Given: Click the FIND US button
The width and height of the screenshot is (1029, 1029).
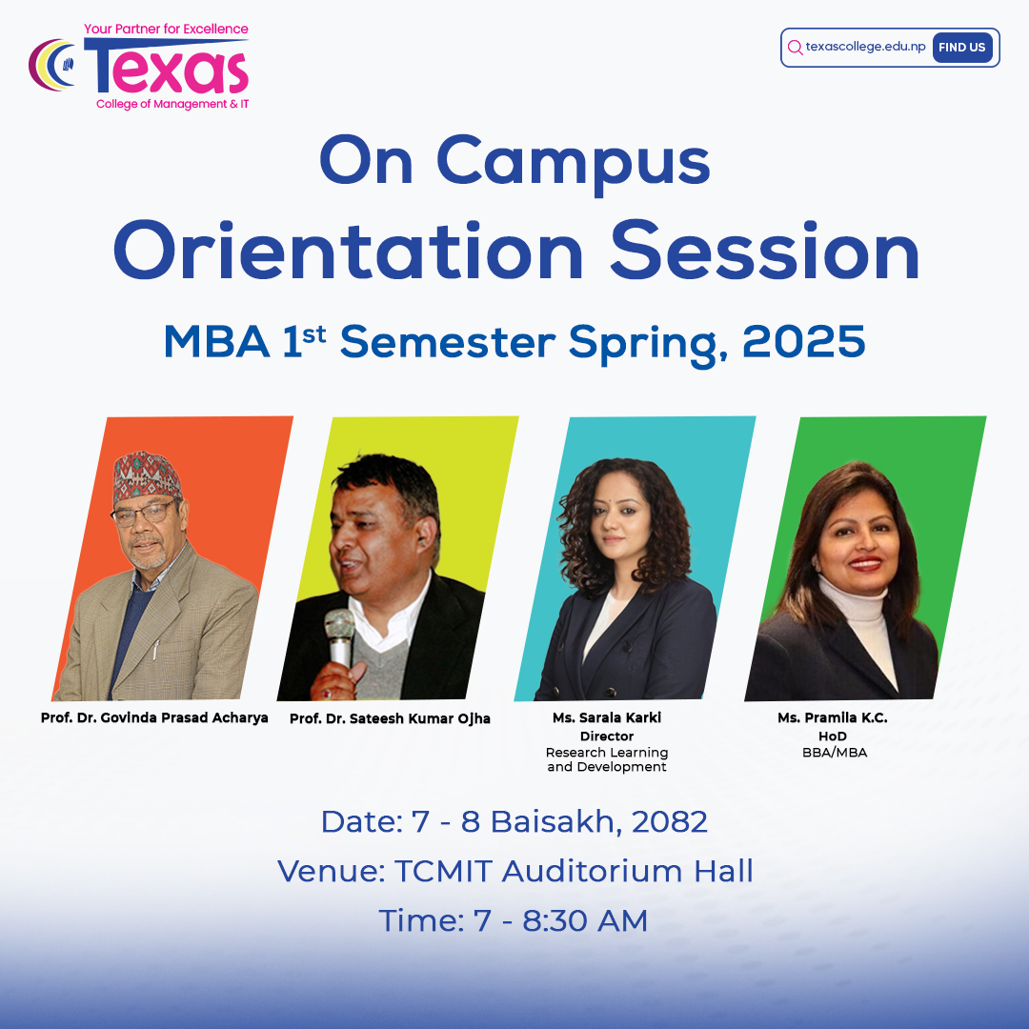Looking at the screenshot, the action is point(962,48).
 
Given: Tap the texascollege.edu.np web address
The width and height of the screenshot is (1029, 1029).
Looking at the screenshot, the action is point(865,47).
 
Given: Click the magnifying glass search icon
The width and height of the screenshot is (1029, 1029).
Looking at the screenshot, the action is point(796,48).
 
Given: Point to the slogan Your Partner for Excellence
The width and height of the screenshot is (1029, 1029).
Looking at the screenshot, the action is point(166,29).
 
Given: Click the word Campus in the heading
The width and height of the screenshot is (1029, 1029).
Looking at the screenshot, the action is point(573,163).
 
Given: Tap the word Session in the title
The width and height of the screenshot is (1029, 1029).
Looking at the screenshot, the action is point(764,252).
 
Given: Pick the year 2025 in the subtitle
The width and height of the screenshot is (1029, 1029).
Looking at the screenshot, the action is point(803,341).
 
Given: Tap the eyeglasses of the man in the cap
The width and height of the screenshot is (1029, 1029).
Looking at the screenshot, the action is point(146,514).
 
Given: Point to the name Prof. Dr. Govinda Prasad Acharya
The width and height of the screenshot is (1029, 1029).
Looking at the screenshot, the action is point(154,717).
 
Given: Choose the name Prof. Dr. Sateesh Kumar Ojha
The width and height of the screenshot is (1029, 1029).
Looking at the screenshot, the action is point(390,718).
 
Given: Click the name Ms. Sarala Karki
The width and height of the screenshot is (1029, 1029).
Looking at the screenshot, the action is point(606,717).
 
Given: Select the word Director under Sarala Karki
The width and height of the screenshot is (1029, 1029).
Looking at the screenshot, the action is point(606,736).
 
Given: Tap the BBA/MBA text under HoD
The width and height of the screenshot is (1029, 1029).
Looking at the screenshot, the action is point(834,752).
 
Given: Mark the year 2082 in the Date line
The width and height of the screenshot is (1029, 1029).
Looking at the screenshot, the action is point(670,821).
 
